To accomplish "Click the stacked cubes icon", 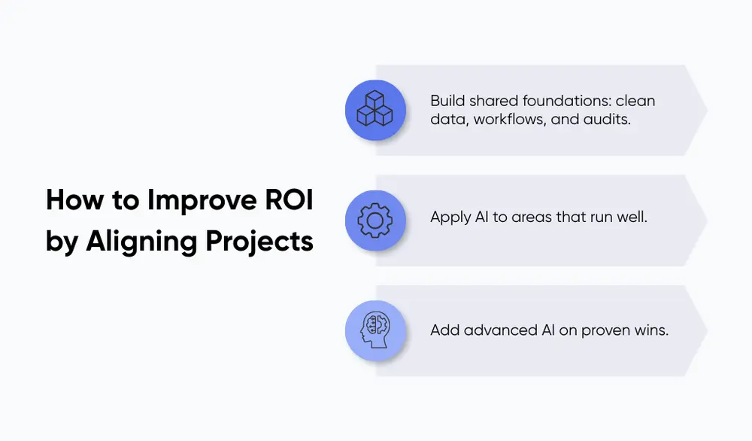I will pos(375,109).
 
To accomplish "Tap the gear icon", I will pos(375,220).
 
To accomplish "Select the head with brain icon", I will pos(375,330).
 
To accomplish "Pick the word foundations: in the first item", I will pos(569,100).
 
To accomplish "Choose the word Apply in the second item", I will pos(450,218).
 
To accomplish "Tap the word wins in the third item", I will pos(651,330).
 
